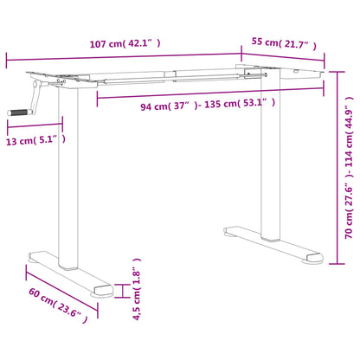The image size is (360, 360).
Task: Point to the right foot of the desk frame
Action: coord(268,245)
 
